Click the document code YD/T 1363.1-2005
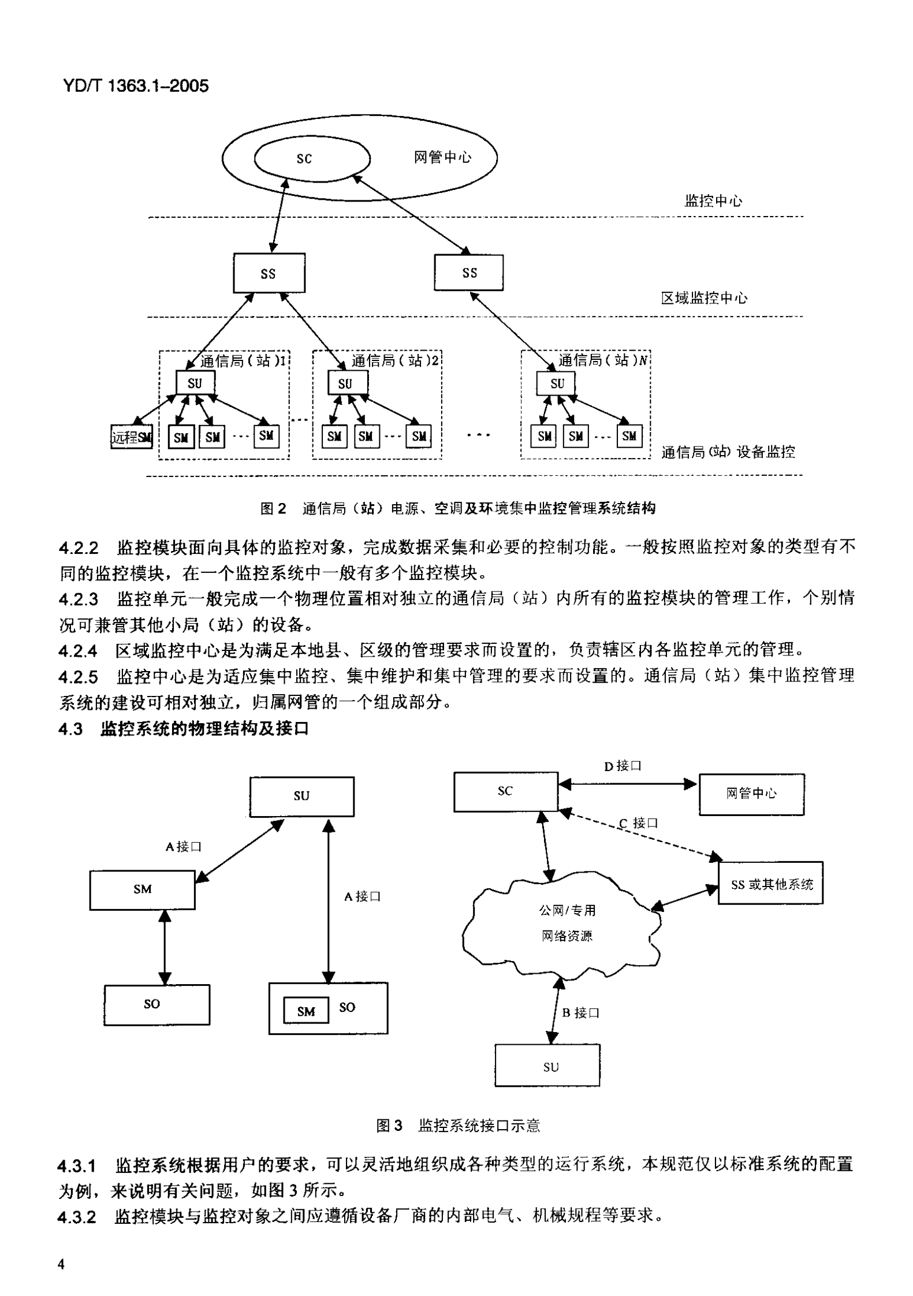tap(134, 87)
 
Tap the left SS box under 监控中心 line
tap(269, 273)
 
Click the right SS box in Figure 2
tap(468, 273)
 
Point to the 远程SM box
tap(132, 437)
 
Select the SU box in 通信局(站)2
tap(346, 383)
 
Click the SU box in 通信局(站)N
tap(556, 383)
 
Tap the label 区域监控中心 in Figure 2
tap(703, 299)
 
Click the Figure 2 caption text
tap(457, 508)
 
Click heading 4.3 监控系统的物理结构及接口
tap(184, 729)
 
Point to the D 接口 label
tap(623, 766)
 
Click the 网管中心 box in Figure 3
tap(751, 794)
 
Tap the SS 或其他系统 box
tap(770, 884)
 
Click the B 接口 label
tap(580, 1012)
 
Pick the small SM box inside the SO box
tap(305, 1011)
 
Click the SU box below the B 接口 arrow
tap(547, 1067)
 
